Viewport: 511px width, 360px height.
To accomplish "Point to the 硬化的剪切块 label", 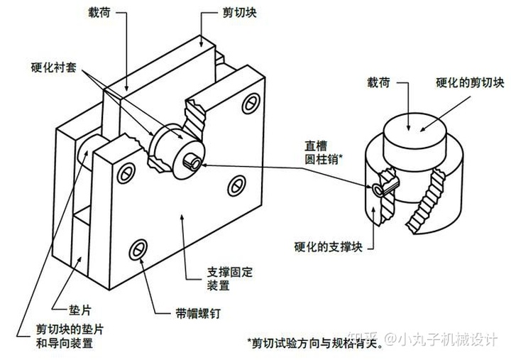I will pos(471,83).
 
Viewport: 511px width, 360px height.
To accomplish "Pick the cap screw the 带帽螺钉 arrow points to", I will pos(139,249).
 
